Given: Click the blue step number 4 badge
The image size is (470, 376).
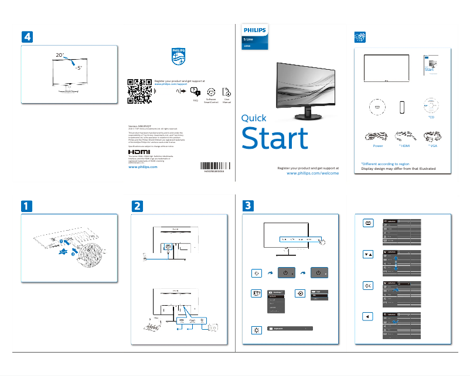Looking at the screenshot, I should [x=28, y=36].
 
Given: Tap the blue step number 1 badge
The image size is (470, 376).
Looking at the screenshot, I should [x=28, y=206].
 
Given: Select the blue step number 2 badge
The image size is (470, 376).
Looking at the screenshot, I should [x=137, y=206].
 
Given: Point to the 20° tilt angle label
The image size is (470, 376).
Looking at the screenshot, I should [x=60, y=54].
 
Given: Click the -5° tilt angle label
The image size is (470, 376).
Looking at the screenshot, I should [x=79, y=67].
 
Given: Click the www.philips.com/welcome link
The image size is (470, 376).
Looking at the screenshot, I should [x=312, y=174].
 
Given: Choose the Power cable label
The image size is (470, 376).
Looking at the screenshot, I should [x=377, y=145].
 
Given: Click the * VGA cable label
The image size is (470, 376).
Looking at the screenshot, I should [x=434, y=145].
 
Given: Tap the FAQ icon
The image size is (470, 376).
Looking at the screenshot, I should [x=196, y=93].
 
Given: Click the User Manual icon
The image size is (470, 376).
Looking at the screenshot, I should [x=227, y=92].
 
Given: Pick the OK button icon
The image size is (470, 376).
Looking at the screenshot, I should [x=367, y=285].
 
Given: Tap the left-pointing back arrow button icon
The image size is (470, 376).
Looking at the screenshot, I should [x=367, y=316].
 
